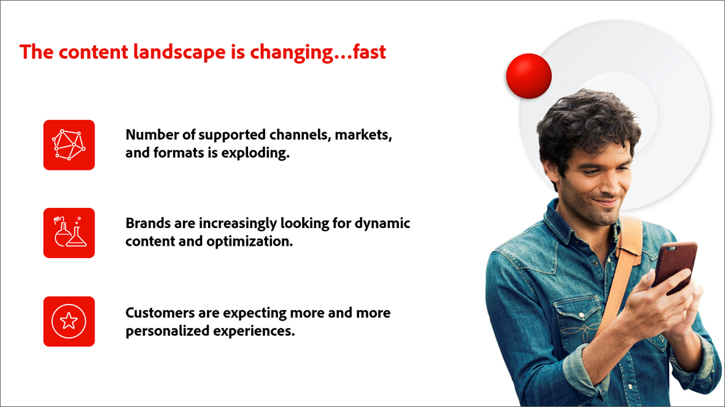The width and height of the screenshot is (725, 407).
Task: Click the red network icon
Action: click(x=69, y=145)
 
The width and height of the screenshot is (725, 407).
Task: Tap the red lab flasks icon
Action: click(x=69, y=233)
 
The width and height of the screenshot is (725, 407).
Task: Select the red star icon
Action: click(x=69, y=321)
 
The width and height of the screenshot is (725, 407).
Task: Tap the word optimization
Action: click(x=250, y=242)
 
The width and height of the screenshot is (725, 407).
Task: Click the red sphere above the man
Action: click(x=529, y=76)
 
